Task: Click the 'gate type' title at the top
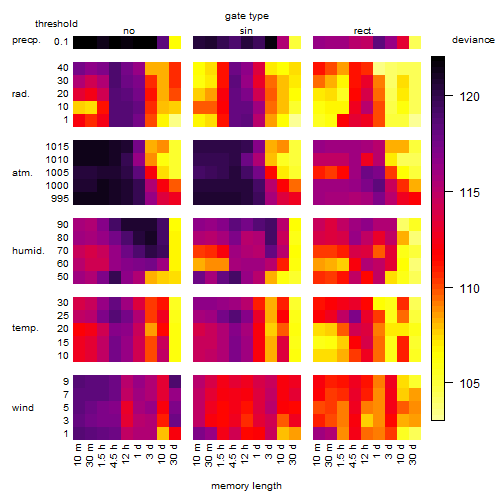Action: click(247, 16)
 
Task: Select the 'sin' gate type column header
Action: click(246, 31)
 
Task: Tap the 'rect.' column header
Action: click(364, 31)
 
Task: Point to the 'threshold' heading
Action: click(56, 24)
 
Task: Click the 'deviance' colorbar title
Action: click(473, 40)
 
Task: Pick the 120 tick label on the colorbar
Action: click(469, 97)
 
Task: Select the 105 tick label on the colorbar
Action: click(469, 383)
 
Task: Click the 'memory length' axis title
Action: click(247, 486)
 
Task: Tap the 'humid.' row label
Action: click(28, 251)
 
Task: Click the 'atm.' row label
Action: click(22, 173)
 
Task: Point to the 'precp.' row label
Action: click(26, 41)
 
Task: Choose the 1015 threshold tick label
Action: click(57, 147)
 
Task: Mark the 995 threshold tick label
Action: click(60, 199)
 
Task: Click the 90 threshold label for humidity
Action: click(63, 225)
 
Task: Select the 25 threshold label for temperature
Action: click(63, 316)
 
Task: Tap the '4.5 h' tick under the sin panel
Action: click(233, 456)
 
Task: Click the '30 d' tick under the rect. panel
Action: click(413, 454)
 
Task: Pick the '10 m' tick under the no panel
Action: click(77, 455)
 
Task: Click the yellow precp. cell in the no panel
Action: click(175, 43)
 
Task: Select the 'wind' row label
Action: click(23, 408)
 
